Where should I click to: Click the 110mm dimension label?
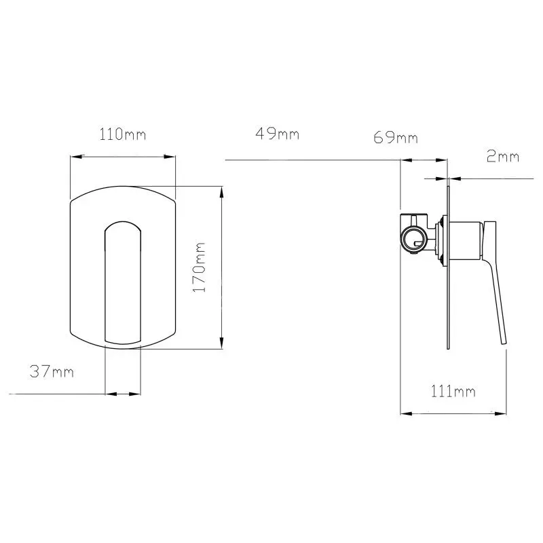click(123, 134)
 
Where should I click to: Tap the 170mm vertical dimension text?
click(199, 267)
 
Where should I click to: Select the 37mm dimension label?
click(52, 371)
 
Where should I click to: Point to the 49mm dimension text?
click(277, 134)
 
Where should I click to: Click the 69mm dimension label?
click(396, 138)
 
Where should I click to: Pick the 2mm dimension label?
click(503, 157)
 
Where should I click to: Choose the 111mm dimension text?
click(453, 392)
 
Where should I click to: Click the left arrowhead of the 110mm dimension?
click(77, 157)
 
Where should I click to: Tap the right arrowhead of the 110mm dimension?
click(169, 157)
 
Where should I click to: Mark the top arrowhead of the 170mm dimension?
click(222, 193)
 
